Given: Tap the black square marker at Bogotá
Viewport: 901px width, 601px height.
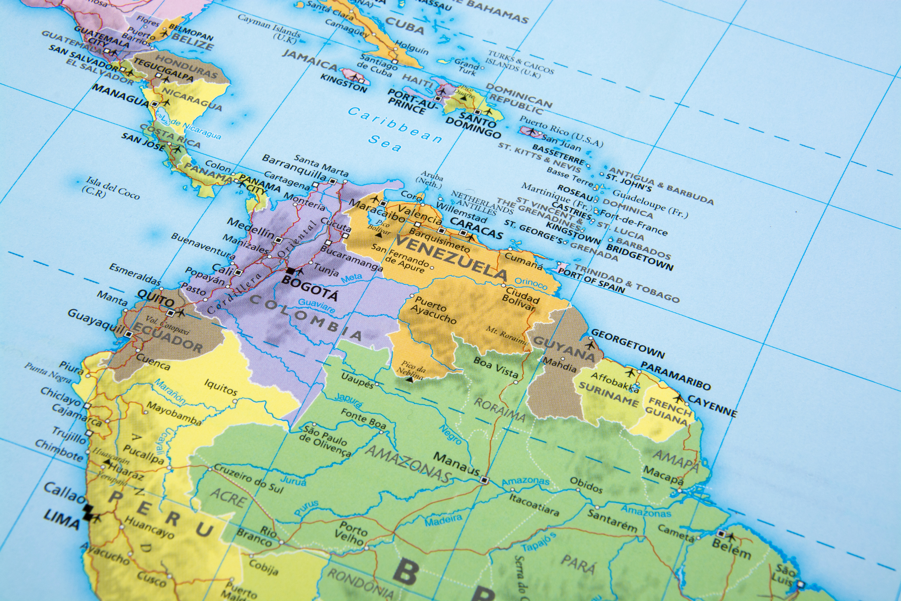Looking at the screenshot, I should [291, 271].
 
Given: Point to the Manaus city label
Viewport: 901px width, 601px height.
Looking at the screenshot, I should [457, 464].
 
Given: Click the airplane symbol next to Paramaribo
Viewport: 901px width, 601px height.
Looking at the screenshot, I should [630, 373].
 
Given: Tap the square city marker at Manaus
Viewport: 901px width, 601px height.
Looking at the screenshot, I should [484, 480].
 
